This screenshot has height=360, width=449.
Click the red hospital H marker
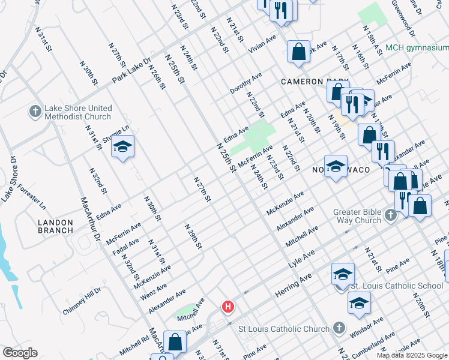point(228,307)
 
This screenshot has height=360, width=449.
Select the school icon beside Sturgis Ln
point(122,148)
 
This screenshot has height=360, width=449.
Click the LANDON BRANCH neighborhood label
point(55,226)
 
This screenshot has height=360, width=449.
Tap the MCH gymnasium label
point(417,48)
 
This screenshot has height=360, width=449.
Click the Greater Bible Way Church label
point(358,215)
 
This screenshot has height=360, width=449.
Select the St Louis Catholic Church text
point(284,329)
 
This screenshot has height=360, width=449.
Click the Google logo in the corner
point(19,353)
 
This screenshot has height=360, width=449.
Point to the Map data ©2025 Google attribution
point(412,355)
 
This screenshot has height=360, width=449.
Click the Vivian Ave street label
point(262,44)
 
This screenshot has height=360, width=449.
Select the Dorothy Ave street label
point(246,83)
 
